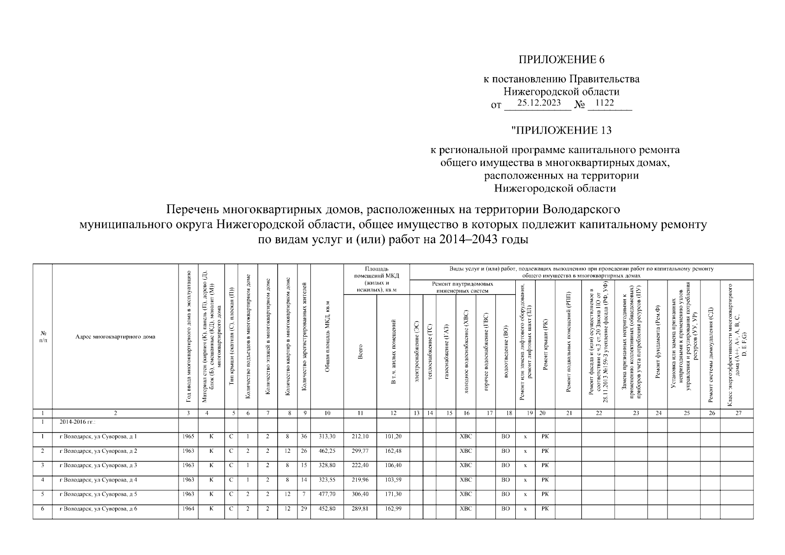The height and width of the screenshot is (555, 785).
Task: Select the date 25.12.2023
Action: tap(539, 103)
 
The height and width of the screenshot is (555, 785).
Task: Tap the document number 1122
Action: tap(605, 103)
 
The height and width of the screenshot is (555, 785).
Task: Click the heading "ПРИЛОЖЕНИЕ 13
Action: tap(561, 130)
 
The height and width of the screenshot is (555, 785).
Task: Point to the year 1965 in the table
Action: tap(188, 436)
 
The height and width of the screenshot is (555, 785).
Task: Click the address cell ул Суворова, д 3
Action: tap(98, 465)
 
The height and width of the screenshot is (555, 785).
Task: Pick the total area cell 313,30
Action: tap(327, 436)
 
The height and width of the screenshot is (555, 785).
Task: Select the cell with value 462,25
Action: tap(327, 450)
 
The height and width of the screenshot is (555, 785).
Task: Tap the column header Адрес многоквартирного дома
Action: tap(115, 337)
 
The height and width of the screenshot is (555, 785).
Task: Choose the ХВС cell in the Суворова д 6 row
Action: tap(466, 508)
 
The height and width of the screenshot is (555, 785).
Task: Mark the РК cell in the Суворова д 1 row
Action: tap(545, 436)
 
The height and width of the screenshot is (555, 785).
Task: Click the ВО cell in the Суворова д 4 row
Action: tap(505, 480)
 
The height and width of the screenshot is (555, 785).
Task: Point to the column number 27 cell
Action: tap(738, 413)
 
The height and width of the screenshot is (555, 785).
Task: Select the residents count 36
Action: tap(304, 436)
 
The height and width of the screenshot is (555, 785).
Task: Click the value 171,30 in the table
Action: tap(393, 494)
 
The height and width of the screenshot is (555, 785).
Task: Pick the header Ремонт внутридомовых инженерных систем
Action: tap(462, 287)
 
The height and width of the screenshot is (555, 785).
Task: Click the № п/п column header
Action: tap(43, 337)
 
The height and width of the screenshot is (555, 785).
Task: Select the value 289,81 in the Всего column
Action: tap(360, 508)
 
